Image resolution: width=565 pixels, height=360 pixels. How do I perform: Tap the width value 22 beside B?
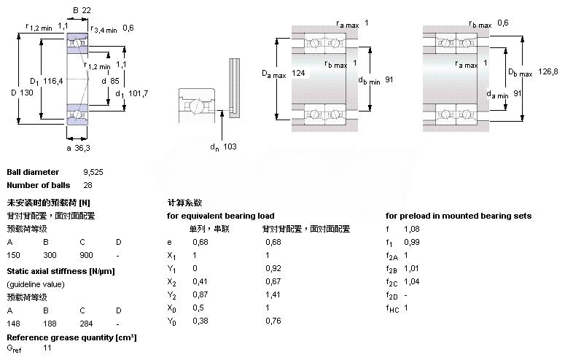click(86, 9)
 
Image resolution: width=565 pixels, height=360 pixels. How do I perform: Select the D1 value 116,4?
click(53, 80)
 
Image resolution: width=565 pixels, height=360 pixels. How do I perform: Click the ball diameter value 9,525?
click(93, 172)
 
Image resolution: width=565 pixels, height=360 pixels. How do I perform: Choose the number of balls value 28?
click(88, 185)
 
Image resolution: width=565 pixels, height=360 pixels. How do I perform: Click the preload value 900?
click(86, 256)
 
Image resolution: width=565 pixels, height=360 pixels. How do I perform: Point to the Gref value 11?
click(47, 349)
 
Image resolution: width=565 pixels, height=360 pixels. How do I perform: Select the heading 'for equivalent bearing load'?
click(221, 216)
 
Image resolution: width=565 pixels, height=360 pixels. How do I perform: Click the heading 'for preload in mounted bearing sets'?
click(458, 216)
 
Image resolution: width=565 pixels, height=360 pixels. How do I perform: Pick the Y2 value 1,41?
click(273, 294)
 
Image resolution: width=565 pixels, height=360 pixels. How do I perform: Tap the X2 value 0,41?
click(198, 281)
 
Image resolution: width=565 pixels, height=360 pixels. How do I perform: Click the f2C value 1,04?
click(412, 281)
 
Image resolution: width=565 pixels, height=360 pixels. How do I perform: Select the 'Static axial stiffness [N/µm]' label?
click(61, 271)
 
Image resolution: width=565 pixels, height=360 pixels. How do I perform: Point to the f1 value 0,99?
click(412, 242)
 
